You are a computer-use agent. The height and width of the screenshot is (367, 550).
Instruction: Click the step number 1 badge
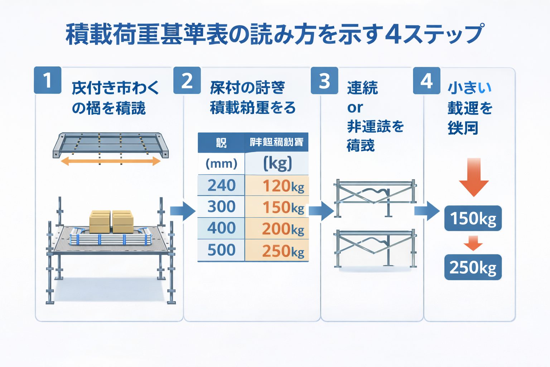click(x=48, y=80)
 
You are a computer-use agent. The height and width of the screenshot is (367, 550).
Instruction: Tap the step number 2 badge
click(x=187, y=80)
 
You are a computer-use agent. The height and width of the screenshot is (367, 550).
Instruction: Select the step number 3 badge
click(x=324, y=81)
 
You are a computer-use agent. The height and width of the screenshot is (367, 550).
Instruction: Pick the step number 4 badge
click(x=426, y=81)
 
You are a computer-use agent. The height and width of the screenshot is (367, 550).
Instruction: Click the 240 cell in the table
click(x=221, y=185)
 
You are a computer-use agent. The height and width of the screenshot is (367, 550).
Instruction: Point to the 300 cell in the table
click(x=221, y=207)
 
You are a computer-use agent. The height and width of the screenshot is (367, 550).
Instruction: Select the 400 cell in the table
click(x=221, y=228)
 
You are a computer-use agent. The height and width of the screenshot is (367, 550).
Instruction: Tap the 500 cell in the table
click(x=221, y=250)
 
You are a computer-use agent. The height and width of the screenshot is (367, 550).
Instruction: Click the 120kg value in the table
click(x=283, y=186)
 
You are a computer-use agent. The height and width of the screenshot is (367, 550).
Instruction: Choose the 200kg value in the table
click(x=283, y=229)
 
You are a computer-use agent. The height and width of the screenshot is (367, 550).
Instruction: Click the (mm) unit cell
click(x=221, y=164)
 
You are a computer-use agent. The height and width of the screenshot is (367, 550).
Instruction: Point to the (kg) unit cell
click(x=278, y=163)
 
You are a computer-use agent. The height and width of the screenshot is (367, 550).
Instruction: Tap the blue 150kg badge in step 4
click(x=473, y=218)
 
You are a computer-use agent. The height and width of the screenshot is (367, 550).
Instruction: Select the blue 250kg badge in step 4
click(x=473, y=267)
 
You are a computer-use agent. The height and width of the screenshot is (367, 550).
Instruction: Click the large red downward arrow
click(x=474, y=177)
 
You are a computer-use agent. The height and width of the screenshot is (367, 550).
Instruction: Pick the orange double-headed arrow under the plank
click(x=111, y=161)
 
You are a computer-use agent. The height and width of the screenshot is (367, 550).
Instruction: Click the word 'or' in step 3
click(x=355, y=107)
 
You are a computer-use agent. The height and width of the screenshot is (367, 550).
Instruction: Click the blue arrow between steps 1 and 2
click(x=183, y=211)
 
